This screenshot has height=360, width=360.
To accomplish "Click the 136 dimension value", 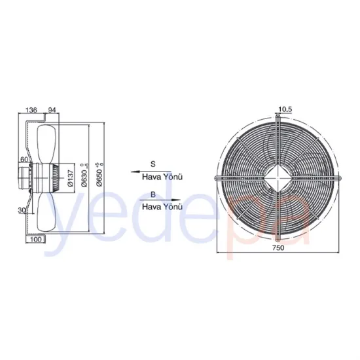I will point(30,111).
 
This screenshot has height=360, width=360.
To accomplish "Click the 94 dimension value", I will point(52,111).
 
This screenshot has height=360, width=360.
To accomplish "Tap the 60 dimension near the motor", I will point(23,159).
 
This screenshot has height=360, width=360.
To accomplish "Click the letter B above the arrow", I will point(153,194).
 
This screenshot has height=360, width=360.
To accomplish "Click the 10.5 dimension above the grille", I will point(284,109).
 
